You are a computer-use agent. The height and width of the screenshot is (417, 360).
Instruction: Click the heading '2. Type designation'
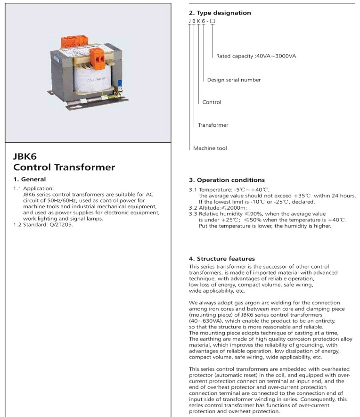click(220, 13)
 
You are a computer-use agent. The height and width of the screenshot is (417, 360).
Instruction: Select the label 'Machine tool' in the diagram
click(210, 148)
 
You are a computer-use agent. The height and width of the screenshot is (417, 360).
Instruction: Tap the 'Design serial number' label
click(234, 80)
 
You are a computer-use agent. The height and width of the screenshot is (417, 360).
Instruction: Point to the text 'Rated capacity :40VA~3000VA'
click(256, 56)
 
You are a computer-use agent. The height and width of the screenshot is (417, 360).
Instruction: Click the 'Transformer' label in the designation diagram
click(213, 125)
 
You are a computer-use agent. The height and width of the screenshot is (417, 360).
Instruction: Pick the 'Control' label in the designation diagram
click(212, 102)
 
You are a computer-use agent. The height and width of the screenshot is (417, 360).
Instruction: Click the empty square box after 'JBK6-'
click(213, 22)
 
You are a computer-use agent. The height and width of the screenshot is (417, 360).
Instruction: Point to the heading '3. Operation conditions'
click(227, 180)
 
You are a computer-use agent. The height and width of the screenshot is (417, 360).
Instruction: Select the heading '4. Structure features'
click(221, 259)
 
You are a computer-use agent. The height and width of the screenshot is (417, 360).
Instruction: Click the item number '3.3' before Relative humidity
click(193, 214)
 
